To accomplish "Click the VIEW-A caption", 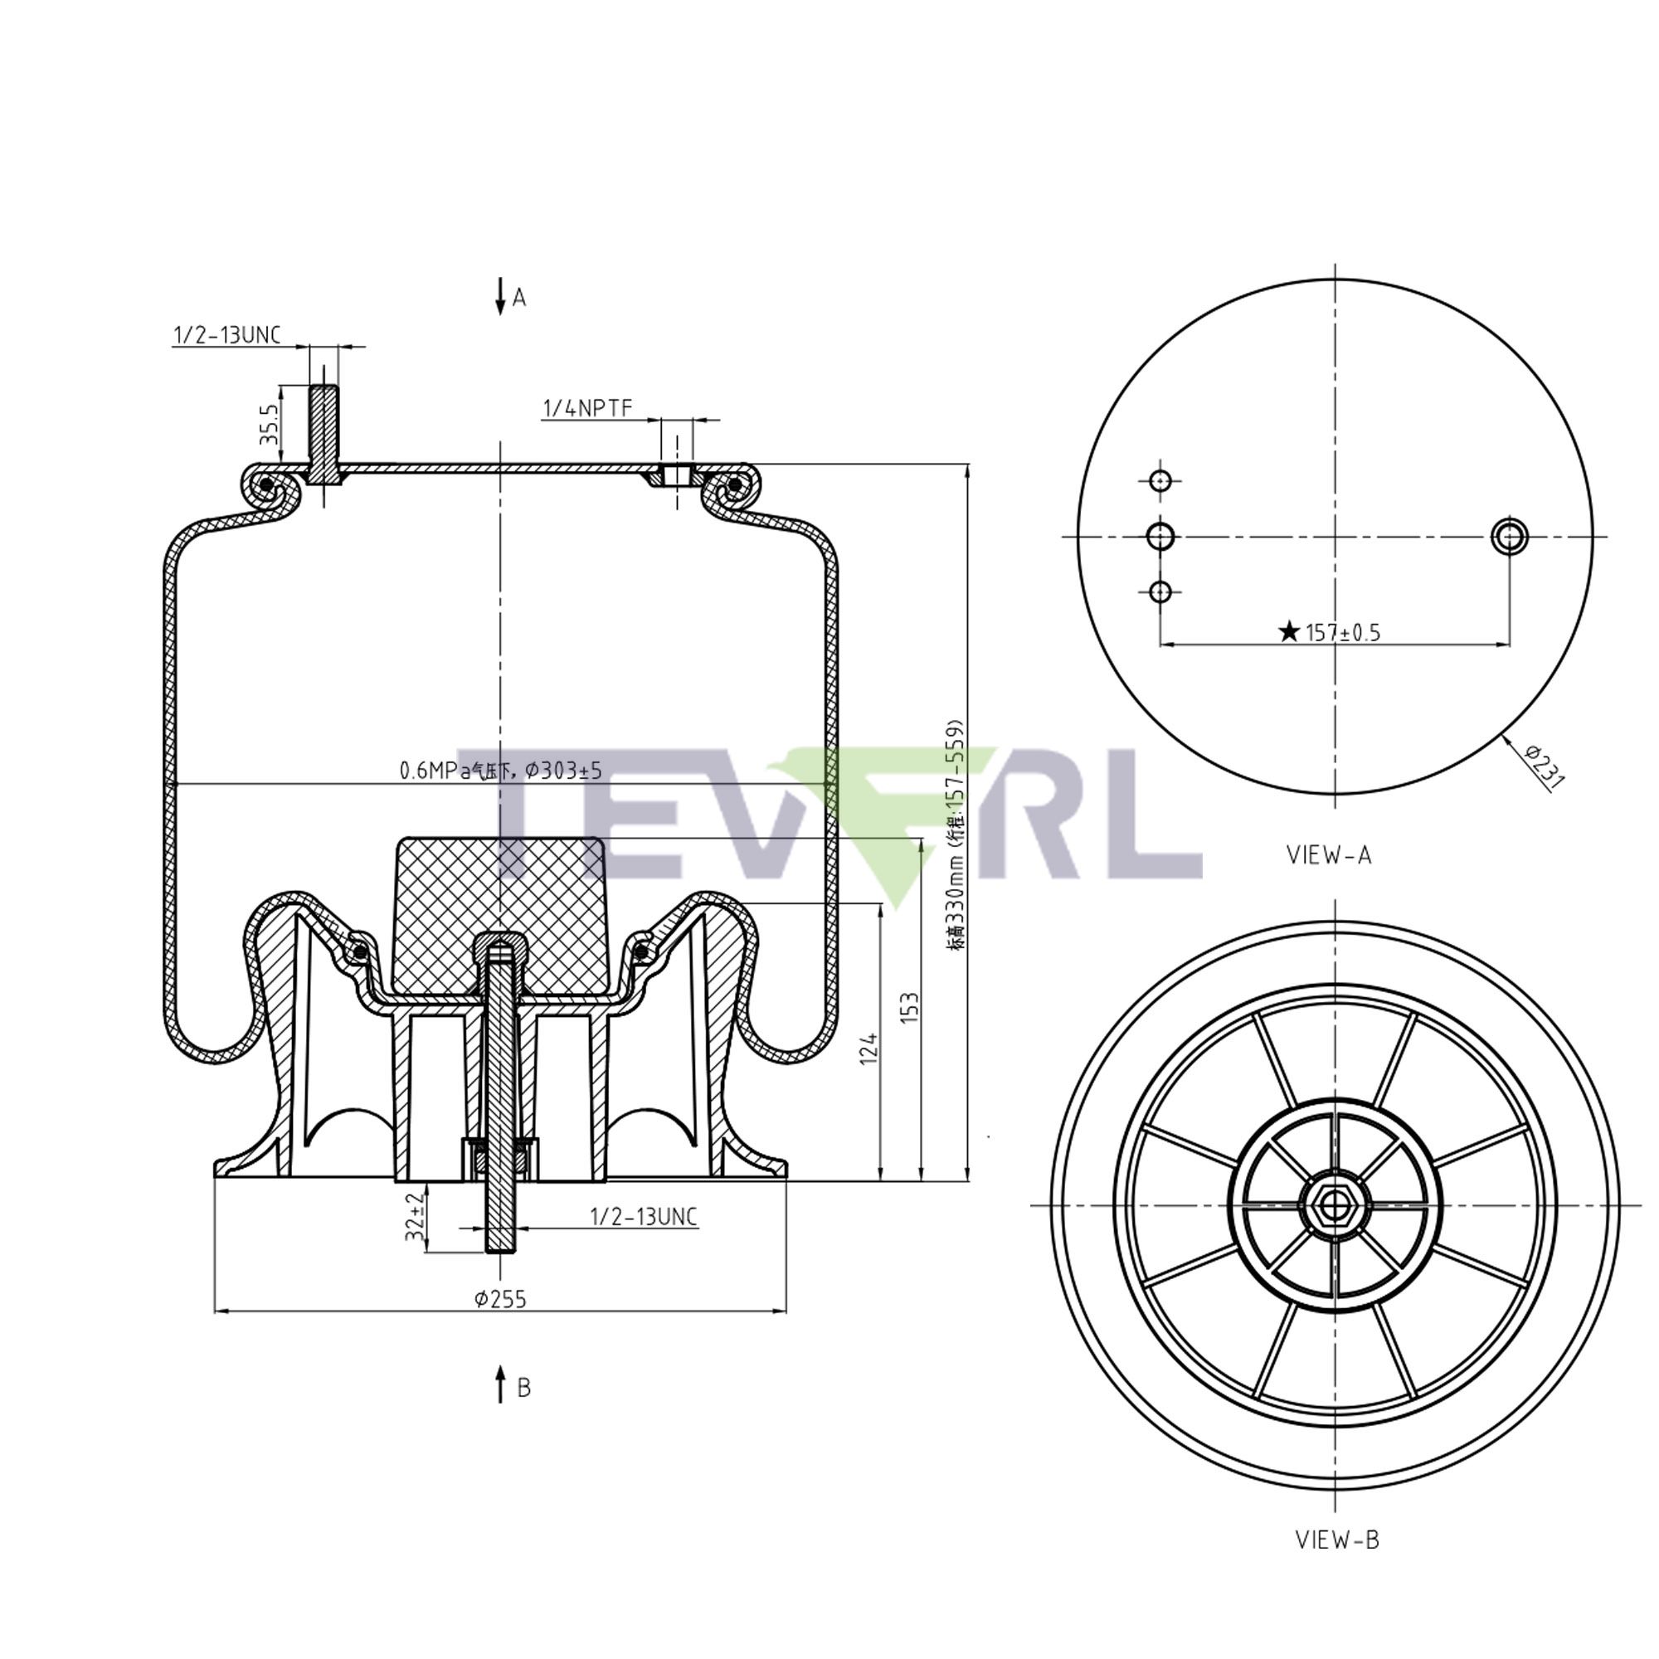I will pos(1328,855).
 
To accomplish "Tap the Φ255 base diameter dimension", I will pos(501,1298).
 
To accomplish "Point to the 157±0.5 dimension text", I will pos(1343,633).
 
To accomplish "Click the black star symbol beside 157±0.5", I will pos(1288,632).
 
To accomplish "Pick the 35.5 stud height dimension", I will pos(269,424).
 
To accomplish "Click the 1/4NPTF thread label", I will pos(587,408).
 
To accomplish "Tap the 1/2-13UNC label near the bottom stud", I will pos(643,1216).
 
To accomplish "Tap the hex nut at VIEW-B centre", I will pos(1332,1205).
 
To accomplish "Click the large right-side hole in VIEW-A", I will pos(1509,537).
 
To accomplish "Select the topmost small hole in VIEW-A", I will pos(1160,481).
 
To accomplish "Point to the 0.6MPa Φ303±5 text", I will pos(501,771).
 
